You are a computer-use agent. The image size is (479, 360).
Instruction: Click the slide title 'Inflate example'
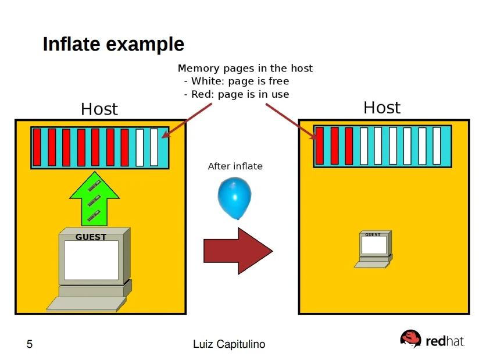tap(113, 44)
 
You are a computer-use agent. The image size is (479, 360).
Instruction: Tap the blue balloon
tap(235, 198)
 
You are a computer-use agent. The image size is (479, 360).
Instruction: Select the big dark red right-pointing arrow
tap(238, 251)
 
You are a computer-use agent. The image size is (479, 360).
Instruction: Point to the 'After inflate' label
tap(235, 166)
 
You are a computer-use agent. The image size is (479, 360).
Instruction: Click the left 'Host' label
tap(99, 109)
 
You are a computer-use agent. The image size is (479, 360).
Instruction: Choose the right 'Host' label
tap(381, 108)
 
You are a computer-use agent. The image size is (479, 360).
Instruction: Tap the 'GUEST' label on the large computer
tap(91, 237)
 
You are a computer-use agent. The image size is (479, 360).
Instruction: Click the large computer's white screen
tap(91, 259)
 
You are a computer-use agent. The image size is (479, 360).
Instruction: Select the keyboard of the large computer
tap(87, 304)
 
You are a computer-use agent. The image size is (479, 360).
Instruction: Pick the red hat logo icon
tap(410, 338)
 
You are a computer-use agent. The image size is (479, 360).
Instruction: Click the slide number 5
tap(30, 345)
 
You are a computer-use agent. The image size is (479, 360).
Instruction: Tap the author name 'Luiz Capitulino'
tap(229, 345)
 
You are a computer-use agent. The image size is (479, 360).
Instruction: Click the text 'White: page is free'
tap(239, 81)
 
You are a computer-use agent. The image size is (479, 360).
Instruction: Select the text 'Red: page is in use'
tap(239, 94)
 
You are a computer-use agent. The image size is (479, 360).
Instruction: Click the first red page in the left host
tap(37, 147)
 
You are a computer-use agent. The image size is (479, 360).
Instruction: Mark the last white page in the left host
tap(154, 147)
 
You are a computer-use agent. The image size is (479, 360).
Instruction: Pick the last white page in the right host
tap(437, 145)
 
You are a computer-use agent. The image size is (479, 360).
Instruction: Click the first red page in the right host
tap(320, 145)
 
